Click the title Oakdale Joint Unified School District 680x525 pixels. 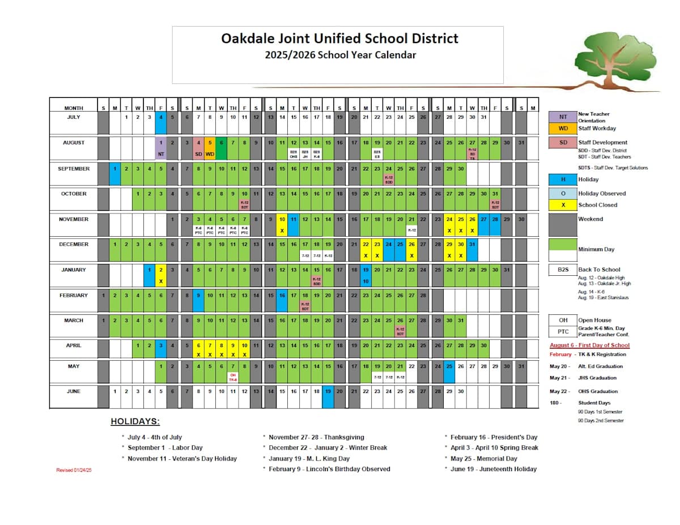click(x=339, y=39)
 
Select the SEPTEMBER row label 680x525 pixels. click(x=73, y=169)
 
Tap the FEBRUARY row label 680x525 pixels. click(x=73, y=296)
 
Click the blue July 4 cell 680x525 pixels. click(x=160, y=117)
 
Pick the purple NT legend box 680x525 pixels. click(x=563, y=117)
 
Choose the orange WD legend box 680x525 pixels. click(x=563, y=129)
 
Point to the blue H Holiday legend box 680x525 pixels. click(x=563, y=180)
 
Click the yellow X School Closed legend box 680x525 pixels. click(x=563, y=205)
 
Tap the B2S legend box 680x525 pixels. click(x=563, y=270)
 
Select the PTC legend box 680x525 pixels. click(x=563, y=332)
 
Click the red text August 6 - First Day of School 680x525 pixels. click(x=589, y=345)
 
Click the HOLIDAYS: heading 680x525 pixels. click(x=135, y=422)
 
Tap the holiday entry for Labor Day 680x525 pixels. click(x=165, y=448)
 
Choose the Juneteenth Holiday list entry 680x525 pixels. click(x=493, y=469)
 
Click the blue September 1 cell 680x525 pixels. click(x=114, y=169)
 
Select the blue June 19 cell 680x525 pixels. click(x=328, y=392)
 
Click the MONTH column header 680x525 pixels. click(x=74, y=108)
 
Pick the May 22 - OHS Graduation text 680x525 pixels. click(x=584, y=391)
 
